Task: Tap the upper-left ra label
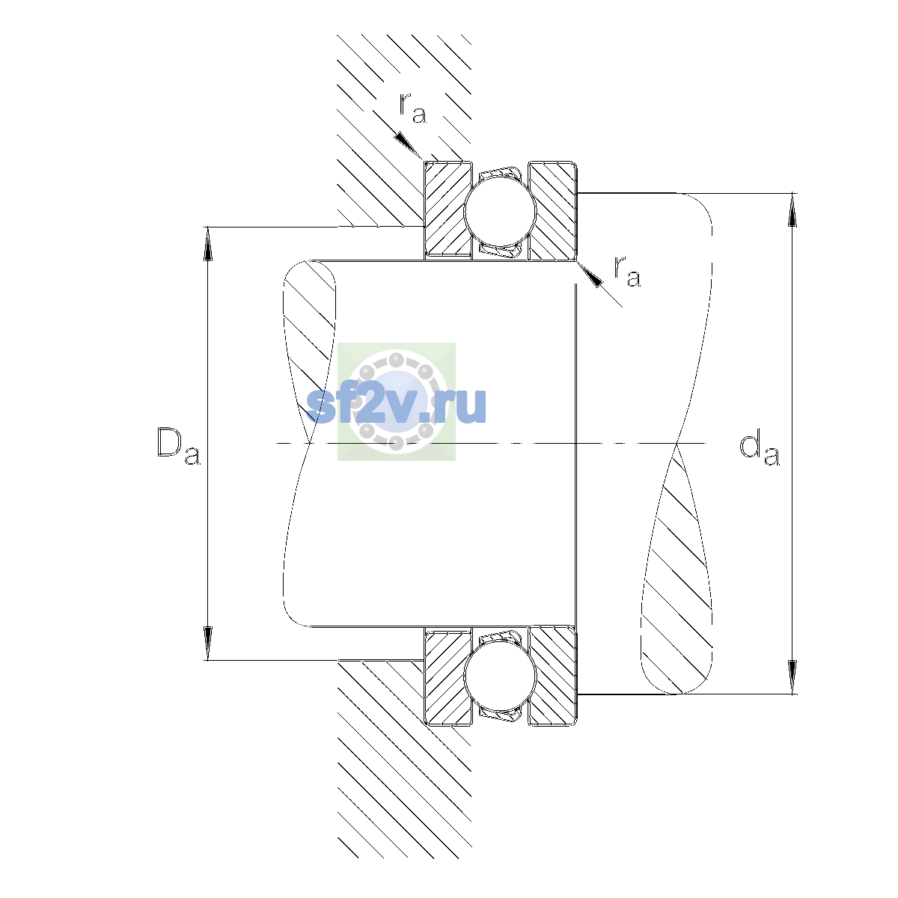[x=412, y=108]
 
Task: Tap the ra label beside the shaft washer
[x=627, y=271]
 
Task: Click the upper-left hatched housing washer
[x=448, y=210]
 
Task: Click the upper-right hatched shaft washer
[x=553, y=210]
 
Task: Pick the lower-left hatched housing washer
[x=448, y=676]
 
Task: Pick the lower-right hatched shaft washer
[x=553, y=676]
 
